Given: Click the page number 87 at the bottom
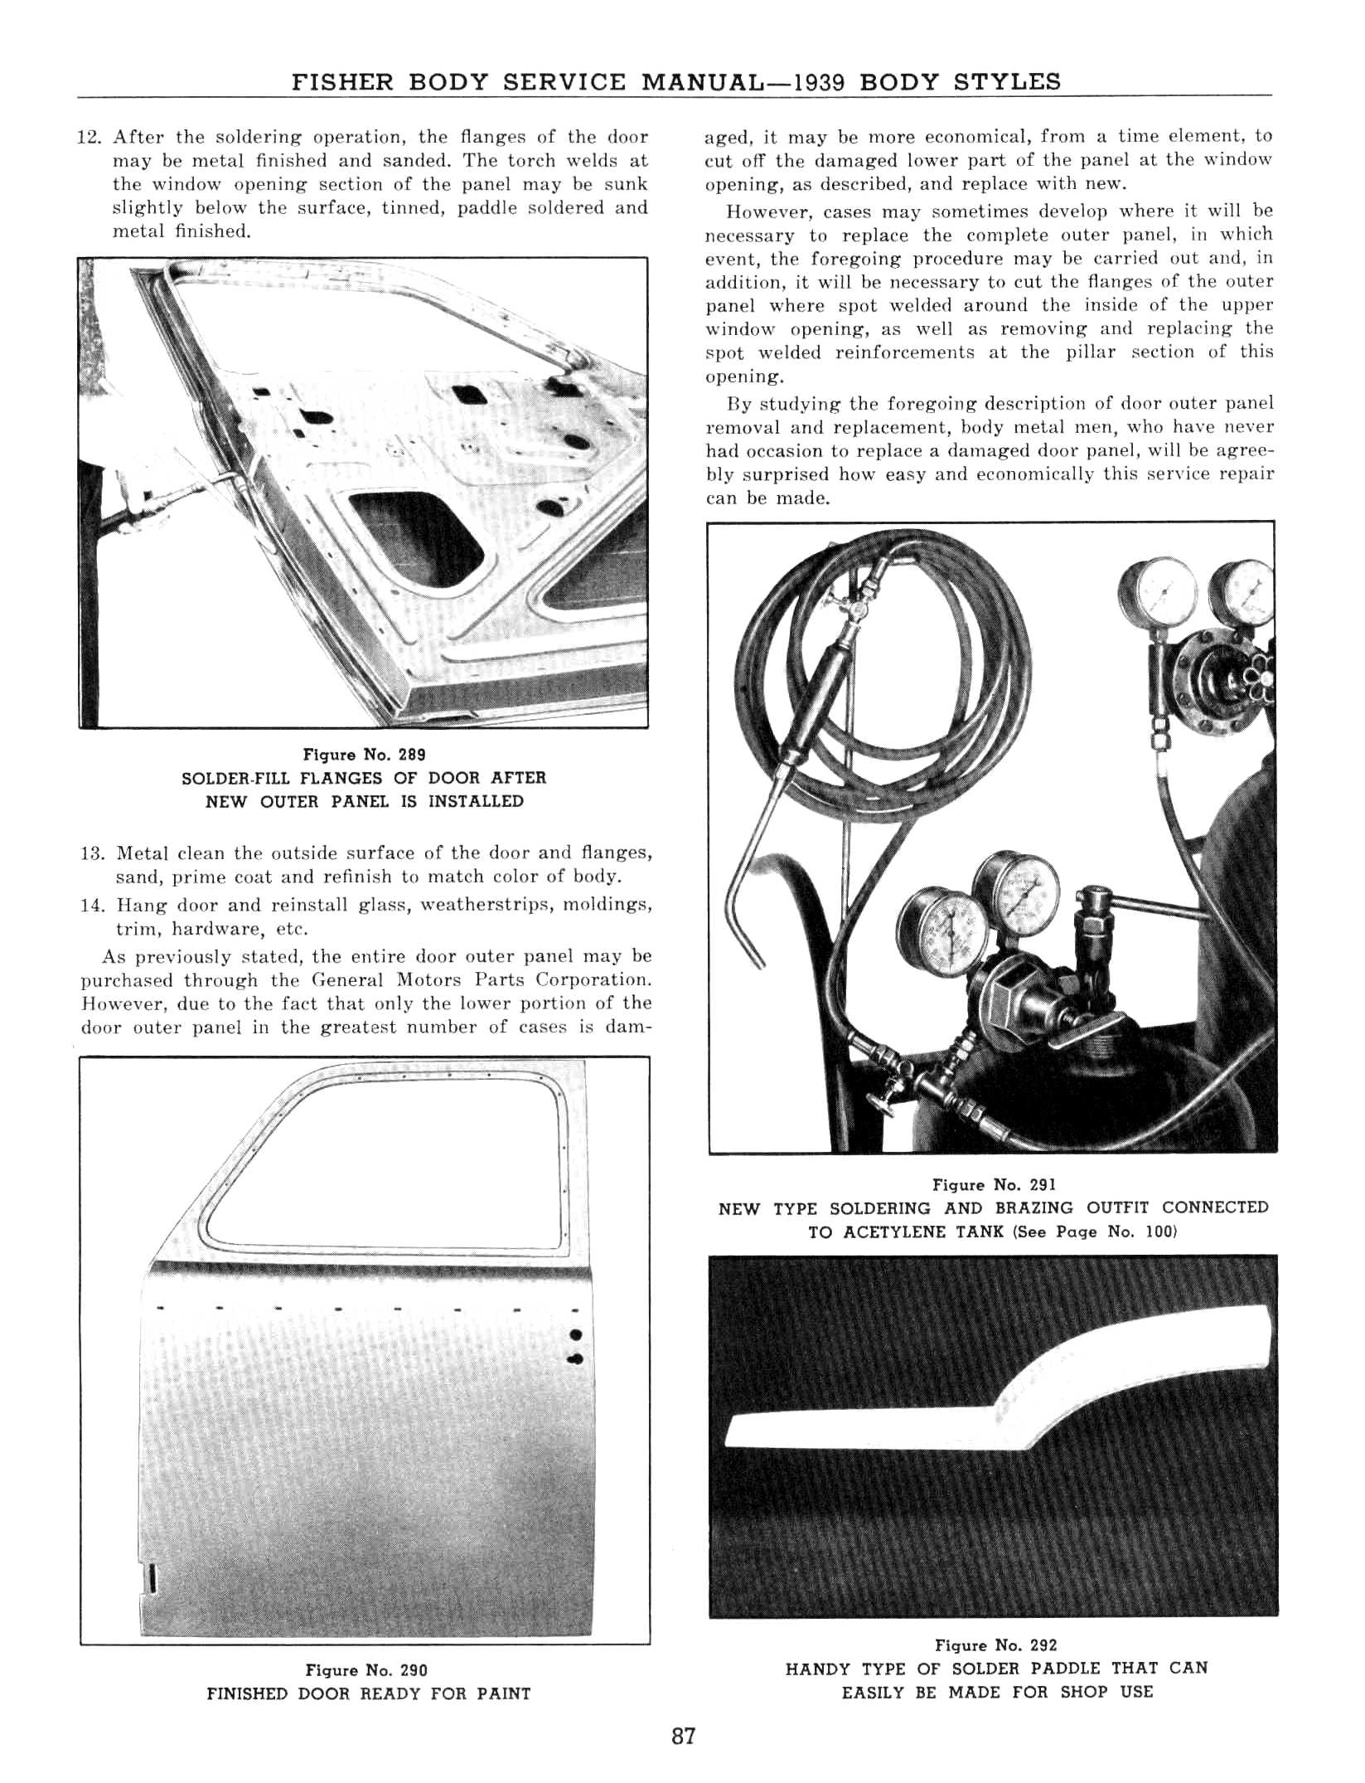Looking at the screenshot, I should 683,1737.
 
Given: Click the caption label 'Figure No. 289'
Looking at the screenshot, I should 364,755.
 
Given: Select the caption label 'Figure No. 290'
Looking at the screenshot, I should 366,1670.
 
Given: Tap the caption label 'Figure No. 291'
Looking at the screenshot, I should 993,1185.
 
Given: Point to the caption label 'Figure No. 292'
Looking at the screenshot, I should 995,1645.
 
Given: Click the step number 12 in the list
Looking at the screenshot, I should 88,137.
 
